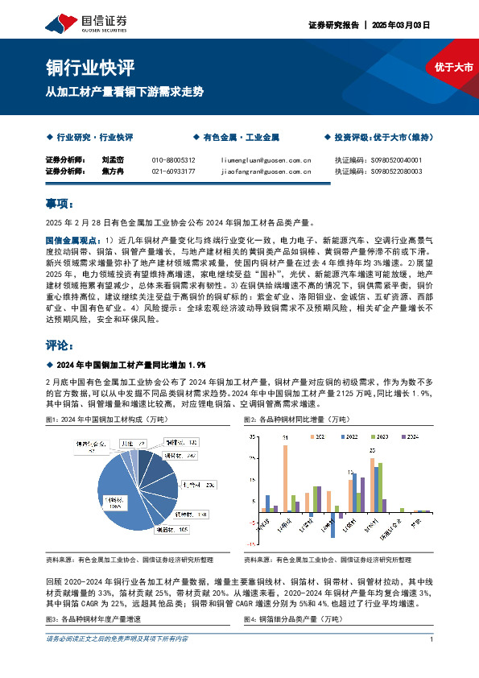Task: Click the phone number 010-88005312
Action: pos(173,160)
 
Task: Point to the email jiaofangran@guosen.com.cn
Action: pos(266,172)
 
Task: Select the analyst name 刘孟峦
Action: pos(112,160)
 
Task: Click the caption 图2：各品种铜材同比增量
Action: pos(286,420)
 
